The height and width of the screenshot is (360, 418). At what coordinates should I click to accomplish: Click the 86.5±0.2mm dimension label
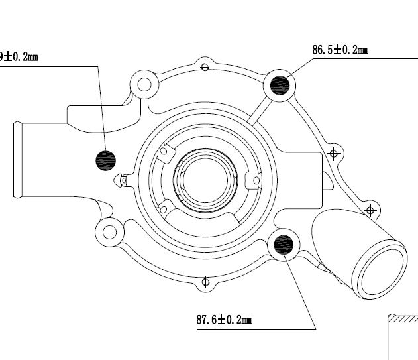(339, 50)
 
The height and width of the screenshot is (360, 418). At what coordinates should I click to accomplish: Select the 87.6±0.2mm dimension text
(224, 321)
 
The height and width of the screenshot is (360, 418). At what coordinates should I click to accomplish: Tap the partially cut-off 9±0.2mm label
(19, 57)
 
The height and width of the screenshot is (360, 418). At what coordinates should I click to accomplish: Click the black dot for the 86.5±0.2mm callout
(281, 85)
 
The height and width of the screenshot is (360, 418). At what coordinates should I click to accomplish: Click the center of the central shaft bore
(205, 181)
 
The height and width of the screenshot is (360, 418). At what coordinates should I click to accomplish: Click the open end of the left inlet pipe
(19, 159)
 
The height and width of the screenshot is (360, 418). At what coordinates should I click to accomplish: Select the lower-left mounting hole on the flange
(107, 232)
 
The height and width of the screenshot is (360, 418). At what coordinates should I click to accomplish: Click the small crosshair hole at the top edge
(205, 66)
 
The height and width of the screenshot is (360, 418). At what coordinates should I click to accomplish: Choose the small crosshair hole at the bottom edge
(205, 283)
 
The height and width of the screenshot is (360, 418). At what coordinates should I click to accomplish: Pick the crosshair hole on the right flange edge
(335, 153)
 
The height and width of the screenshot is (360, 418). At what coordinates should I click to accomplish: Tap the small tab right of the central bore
(253, 180)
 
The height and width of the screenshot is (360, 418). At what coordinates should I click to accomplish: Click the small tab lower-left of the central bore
(163, 208)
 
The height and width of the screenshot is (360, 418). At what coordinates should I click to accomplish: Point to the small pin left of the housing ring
(121, 179)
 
